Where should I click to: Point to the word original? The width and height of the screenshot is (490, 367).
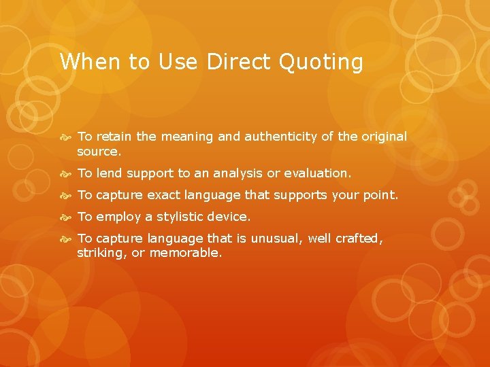coord(381,137)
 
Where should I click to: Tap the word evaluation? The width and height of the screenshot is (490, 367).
coord(316,173)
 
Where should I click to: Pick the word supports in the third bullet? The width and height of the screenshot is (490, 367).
coord(301,195)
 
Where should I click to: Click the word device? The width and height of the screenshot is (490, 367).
coord(232,217)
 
